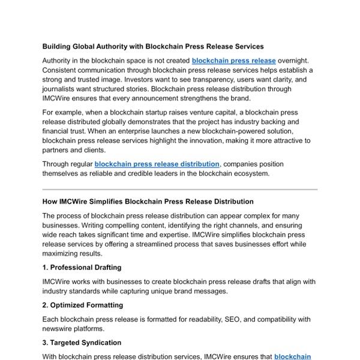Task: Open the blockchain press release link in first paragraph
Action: (233, 61)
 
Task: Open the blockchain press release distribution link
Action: (157, 164)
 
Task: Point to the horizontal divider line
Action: (180, 189)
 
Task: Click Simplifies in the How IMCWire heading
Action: (116, 202)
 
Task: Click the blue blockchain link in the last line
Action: (293, 356)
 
